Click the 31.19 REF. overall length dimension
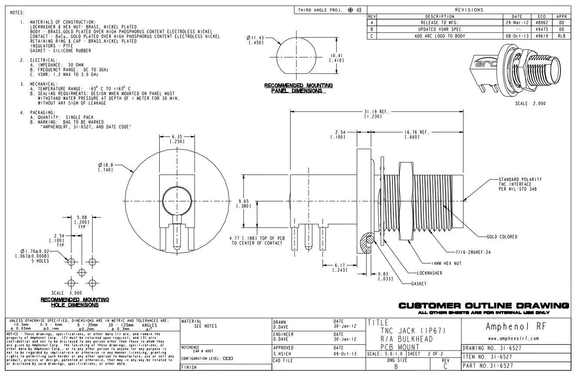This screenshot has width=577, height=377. (x=377, y=112)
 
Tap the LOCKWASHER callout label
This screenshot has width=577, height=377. (x=429, y=273)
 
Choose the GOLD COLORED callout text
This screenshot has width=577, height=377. (x=502, y=237)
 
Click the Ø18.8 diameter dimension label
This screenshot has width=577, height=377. (x=106, y=165)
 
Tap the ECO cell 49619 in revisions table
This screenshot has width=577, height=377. (x=542, y=36)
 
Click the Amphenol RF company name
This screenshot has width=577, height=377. (x=515, y=326)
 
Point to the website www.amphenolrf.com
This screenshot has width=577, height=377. (x=515, y=338)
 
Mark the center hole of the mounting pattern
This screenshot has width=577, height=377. (x=81, y=272)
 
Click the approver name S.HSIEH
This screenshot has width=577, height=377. (x=283, y=353)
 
